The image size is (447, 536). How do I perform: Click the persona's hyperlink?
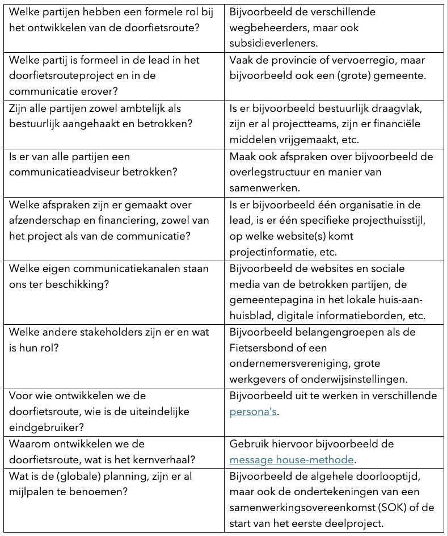click(253, 412)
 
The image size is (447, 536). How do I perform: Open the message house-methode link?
click(292, 460)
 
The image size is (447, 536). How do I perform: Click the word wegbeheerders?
click(265, 27)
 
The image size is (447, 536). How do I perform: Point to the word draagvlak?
click(398, 108)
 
